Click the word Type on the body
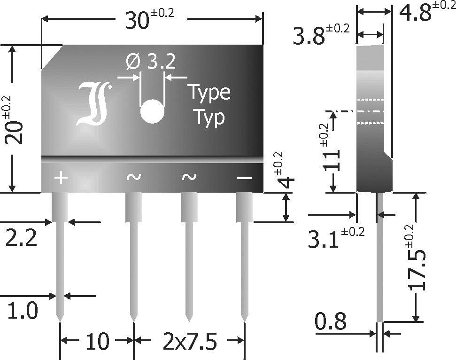[x=209, y=92]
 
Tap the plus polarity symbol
[x=61, y=178]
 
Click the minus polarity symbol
[x=244, y=178]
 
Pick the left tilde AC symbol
[x=133, y=177]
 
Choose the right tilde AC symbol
[x=189, y=177]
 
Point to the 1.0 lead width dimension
[x=22, y=311]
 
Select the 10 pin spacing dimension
[x=97, y=341]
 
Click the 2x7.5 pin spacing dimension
[x=189, y=341]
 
